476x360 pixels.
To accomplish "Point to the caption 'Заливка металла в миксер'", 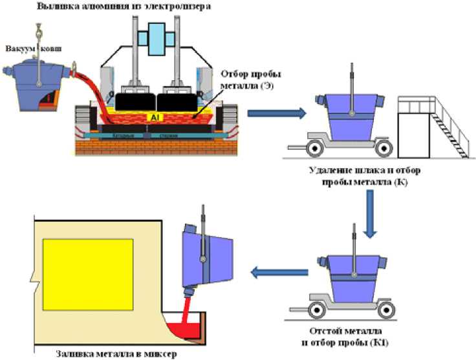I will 115,354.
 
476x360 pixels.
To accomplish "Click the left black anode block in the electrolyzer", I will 133,101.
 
